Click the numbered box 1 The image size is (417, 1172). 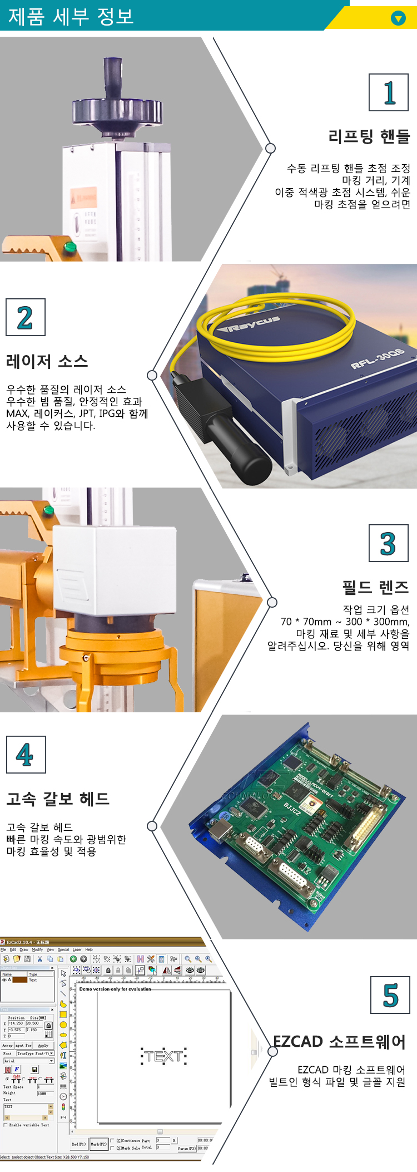(389, 92)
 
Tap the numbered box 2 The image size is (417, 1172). (25, 317)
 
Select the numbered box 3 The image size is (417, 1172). (388, 543)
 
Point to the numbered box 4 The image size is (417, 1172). (26, 755)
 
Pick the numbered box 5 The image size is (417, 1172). (390, 995)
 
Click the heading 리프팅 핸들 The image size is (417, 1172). (369, 136)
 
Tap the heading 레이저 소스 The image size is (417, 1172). (47, 362)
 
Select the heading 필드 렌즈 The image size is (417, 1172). (375, 587)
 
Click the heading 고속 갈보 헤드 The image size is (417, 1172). (58, 799)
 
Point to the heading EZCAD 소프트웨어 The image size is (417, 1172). (339, 1042)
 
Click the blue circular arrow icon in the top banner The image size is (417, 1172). (398, 18)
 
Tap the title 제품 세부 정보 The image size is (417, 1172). (71, 16)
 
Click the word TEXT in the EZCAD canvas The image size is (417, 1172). (164, 1056)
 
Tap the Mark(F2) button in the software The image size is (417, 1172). (99, 1144)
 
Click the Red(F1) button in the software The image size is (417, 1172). (78, 1144)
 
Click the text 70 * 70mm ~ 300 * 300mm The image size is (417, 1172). (345, 622)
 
